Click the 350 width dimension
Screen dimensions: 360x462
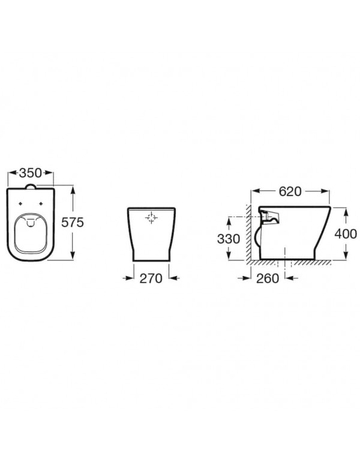click(x=31, y=173)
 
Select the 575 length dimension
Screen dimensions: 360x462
click(x=73, y=222)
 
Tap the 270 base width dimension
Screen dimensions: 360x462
click(x=151, y=278)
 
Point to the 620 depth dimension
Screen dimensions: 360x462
click(x=290, y=191)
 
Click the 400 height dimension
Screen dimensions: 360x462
click(x=346, y=234)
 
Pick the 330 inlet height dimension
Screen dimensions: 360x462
click(x=229, y=239)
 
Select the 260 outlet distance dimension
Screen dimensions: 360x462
click(x=268, y=278)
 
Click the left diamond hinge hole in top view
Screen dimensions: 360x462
click(x=20, y=203)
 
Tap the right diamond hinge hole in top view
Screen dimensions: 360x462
click(x=41, y=203)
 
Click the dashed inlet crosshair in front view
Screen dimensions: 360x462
click(x=151, y=217)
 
